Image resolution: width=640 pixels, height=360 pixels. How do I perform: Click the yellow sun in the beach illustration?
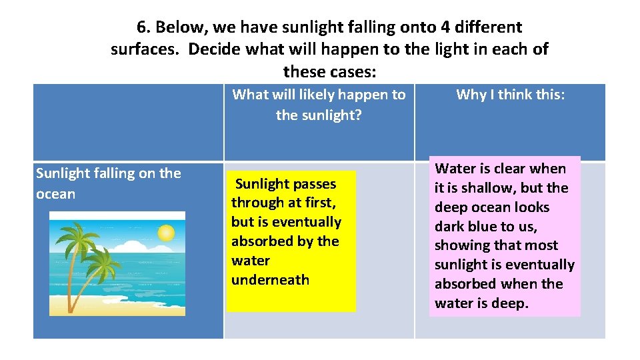(x=165, y=233)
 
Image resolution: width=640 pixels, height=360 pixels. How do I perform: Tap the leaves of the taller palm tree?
(x=77, y=237)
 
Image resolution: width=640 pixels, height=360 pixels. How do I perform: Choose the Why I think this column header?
(x=510, y=95)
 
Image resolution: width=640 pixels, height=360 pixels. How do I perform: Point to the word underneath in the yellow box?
(x=270, y=280)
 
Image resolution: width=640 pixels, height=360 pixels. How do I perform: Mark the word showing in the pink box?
(x=463, y=245)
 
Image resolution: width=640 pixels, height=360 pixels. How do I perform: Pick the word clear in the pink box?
(x=509, y=169)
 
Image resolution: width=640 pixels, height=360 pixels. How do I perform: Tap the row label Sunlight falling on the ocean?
(x=108, y=183)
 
